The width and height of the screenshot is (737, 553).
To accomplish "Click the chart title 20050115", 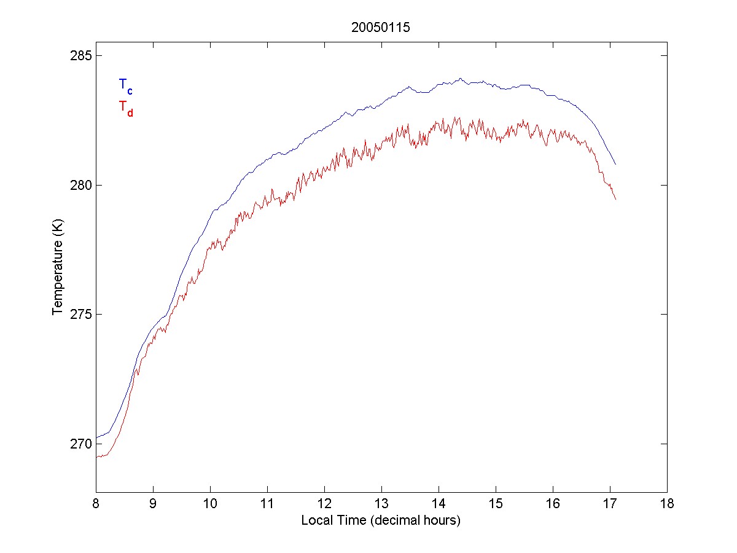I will click(380, 27).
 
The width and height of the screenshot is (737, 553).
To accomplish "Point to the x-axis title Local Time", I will click(380, 520).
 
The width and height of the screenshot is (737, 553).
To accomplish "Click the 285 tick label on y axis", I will click(79, 56).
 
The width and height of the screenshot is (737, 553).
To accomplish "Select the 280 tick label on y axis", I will click(79, 185).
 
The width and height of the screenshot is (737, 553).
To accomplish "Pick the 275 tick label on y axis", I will click(79, 315).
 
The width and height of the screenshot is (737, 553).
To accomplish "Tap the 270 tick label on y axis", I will click(79, 444).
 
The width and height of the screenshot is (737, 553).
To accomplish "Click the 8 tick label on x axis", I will click(96, 504).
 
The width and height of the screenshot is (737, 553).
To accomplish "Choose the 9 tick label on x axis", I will click(153, 504).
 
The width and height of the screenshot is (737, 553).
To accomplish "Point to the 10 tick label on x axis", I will click(210, 504).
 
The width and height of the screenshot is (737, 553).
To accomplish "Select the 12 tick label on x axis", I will click(324, 504).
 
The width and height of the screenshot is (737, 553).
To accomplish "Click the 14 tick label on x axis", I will click(439, 504).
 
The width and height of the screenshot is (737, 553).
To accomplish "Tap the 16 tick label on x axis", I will click(553, 504).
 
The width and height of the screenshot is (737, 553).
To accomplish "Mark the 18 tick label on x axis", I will click(667, 504).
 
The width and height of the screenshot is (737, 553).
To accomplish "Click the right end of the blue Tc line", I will click(615, 164).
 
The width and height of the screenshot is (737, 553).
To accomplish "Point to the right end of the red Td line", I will click(615, 199).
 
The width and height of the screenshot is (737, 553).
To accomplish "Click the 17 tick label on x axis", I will click(610, 504).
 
